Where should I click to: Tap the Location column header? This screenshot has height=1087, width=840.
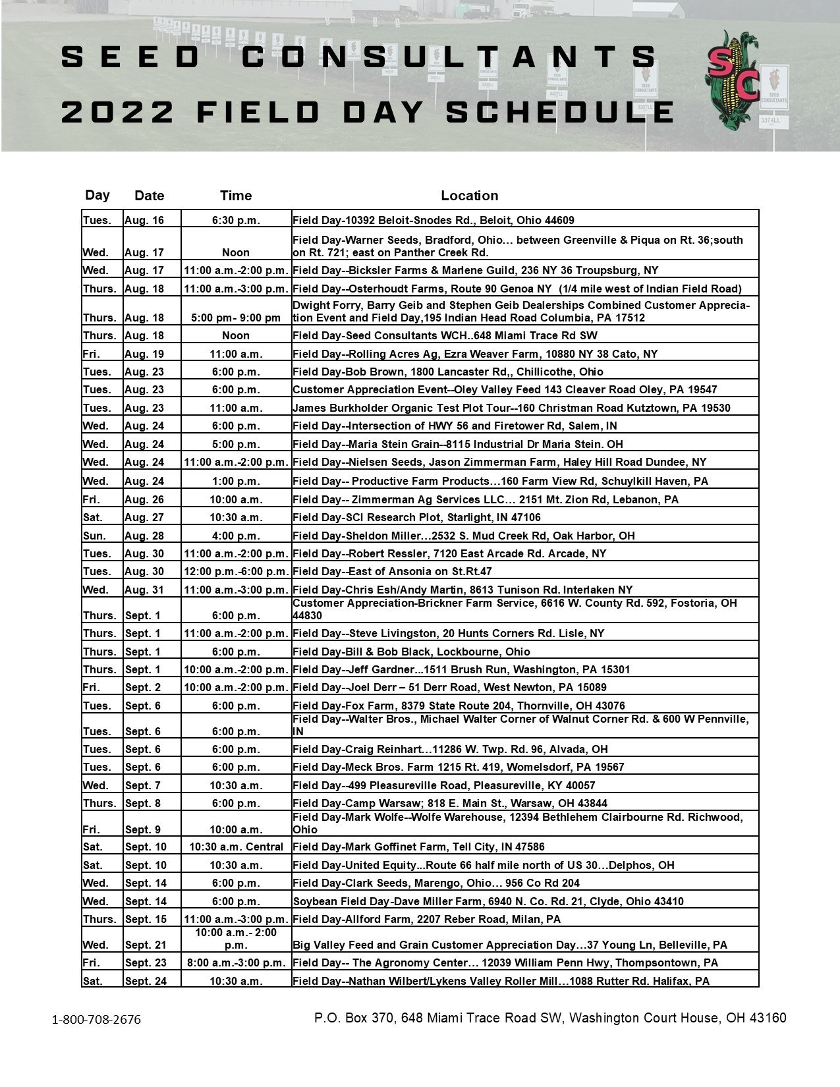pyautogui.click(x=469, y=196)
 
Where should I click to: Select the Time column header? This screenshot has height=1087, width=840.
pyautogui.click(x=236, y=196)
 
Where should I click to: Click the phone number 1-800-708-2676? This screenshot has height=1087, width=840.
pyautogui.click(x=96, y=1020)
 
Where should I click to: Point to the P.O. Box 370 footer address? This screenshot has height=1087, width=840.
pyautogui.click(x=550, y=1018)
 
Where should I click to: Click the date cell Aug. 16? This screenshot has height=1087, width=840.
pyautogui.click(x=144, y=220)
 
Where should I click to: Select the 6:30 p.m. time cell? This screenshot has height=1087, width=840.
pyautogui.click(x=236, y=220)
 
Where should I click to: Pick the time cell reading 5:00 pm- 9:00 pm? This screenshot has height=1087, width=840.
pyautogui.click(x=236, y=318)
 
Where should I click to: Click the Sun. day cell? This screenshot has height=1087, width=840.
pyautogui.click(x=94, y=536)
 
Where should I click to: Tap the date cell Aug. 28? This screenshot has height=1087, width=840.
pyautogui.click(x=144, y=536)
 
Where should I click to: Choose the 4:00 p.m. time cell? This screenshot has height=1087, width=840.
pyautogui.click(x=236, y=536)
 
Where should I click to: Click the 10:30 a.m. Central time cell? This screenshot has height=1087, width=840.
pyautogui.click(x=236, y=847)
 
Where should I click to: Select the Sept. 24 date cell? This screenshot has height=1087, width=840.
pyautogui.click(x=146, y=981)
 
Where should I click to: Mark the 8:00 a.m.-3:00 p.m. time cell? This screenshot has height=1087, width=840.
pyautogui.click(x=236, y=962)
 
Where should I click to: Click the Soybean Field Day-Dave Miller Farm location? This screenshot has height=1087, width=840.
pyautogui.click(x=488, y=901)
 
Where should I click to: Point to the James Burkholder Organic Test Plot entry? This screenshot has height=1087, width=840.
pyautogui.click(x=511, y=408)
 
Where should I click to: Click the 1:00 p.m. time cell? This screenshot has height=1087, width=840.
pyautogui.click(x=236, y=481)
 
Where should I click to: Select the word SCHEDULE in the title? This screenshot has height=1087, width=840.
pyautogui.click(x=560, y=112)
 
